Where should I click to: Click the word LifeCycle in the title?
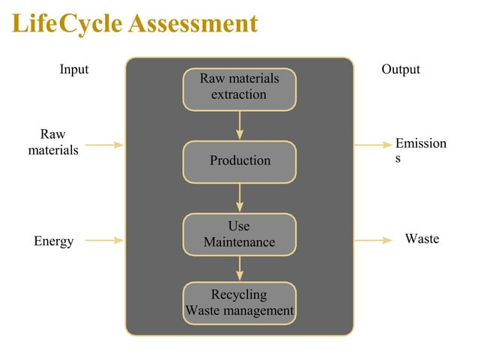(67, 24)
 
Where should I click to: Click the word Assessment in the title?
(193, 24)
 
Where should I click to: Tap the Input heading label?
(74, 70)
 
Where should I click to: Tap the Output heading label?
(401, 70)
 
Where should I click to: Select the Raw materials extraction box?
(240, 88)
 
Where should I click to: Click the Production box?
(240, 160)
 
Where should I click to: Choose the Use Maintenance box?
(240, 234)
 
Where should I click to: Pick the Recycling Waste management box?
(240, 302)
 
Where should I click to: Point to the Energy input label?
(54, 241)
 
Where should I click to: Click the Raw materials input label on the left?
(53, 142)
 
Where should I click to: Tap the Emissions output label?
(420, 150)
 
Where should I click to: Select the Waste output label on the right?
(422, 239)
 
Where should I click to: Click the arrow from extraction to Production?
(240, 124)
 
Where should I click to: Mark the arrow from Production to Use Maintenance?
(240, 197)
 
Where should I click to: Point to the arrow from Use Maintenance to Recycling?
(240, 268)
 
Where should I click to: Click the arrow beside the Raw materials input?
(104, 144)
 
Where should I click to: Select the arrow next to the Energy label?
(104, 241)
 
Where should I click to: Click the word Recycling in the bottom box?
(239, 295)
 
